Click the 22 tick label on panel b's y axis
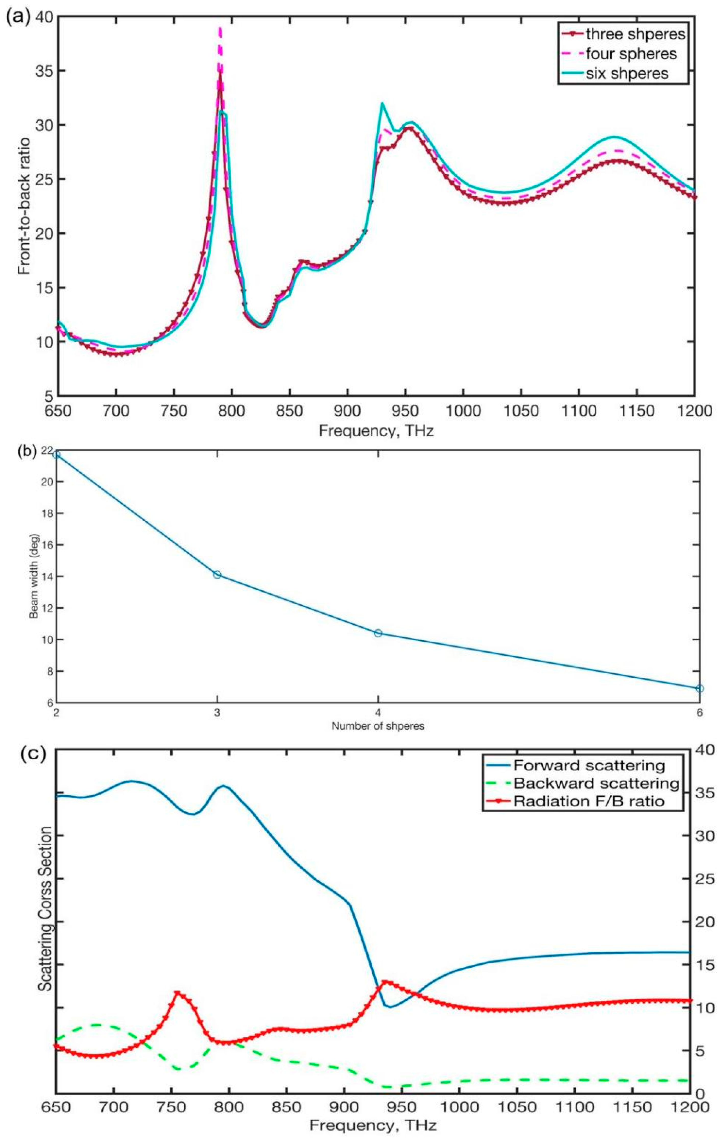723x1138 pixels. click(x=48, y=451)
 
